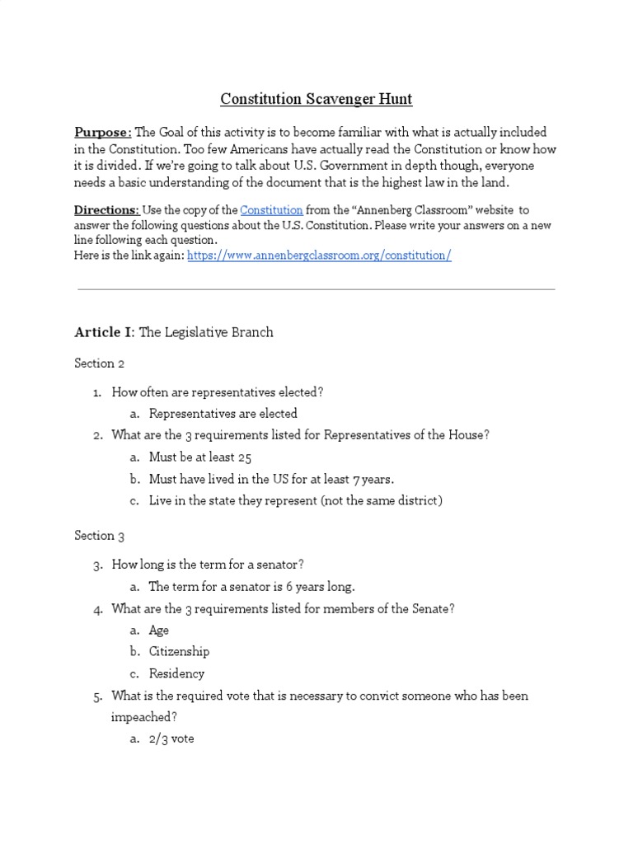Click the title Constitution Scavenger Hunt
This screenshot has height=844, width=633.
(316, 100)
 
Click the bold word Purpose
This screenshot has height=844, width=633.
(102, 133)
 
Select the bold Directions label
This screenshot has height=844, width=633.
(106, 210)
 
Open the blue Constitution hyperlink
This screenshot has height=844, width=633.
(271, 210)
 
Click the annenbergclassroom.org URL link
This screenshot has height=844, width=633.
(319, 256)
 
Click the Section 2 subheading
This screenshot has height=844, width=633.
(99, 363)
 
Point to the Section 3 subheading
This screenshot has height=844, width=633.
(99, 536)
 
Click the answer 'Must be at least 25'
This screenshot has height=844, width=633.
(200, 457)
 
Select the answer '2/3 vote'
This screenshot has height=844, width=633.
(171, 738)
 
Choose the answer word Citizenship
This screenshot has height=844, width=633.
(179, 651)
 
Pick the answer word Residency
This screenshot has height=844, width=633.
(176, 673)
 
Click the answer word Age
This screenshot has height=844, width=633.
(159, 630)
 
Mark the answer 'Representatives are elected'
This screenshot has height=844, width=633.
(223, 414)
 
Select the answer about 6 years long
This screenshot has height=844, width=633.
(251, 587)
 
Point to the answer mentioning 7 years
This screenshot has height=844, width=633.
(271, 479)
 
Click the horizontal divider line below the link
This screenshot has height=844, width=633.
(316, 289)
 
